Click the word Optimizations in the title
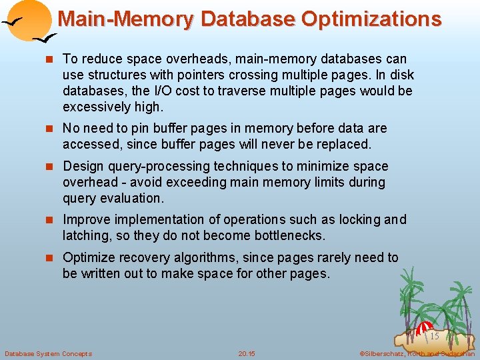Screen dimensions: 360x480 point(371,19)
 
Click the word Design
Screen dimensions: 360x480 point(83,166)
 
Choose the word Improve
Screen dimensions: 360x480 point(85,219)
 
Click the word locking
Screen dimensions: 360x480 point(359,219)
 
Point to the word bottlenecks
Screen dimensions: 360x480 point(285,235)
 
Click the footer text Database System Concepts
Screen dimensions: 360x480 point(49,353)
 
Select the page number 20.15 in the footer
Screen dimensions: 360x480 point(247,353)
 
